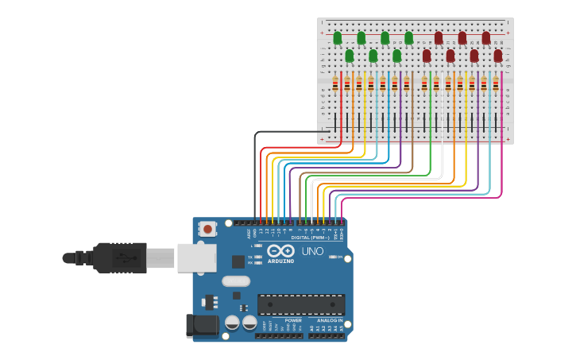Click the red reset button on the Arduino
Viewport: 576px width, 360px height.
coord(207,229)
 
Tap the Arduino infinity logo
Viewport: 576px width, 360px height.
coord(286,251)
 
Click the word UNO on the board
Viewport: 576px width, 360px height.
coord(313,251)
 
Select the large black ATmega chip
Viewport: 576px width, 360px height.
coord(301,304)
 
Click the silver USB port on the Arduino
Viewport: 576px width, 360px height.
coord(195,257)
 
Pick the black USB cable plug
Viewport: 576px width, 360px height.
coord(119,257)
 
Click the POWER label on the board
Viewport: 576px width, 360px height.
coord(293,320)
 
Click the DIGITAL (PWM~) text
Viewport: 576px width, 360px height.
coord(310,237)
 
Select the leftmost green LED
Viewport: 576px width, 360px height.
coord(338,38)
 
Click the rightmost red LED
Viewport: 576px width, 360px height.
coord(498,56)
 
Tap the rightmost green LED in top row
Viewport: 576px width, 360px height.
coord(409,38)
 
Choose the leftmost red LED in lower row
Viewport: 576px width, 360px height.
coord(427,56)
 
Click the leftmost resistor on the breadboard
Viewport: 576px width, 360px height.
coord(335,83)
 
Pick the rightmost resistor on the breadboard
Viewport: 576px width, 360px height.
coord(496,83)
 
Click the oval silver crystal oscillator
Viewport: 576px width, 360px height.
coord(236,281)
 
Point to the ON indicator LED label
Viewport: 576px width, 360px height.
coord(339,257)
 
